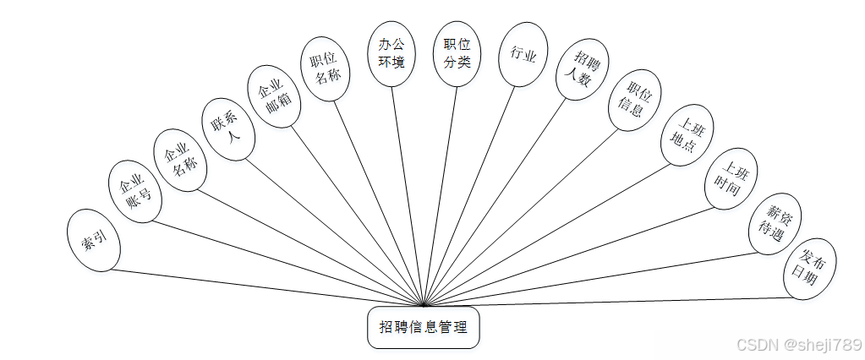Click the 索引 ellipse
[94, 241]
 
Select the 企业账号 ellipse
[134, 192]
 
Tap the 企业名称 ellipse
[179, 155]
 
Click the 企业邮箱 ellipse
[273, 95]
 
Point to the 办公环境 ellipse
[391, 54]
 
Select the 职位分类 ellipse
[457, 52]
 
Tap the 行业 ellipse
[523, 55]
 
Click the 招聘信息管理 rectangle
[423, 327]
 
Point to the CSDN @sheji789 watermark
[799, 345]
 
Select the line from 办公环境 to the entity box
[407, 194]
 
